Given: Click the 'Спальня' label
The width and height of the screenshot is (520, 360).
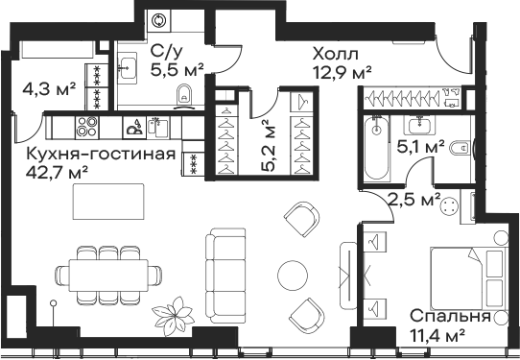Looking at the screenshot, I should point(450,316).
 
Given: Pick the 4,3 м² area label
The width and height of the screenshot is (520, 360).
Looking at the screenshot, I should point(49,91).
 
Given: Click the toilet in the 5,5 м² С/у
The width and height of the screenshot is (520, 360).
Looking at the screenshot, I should point(187,94).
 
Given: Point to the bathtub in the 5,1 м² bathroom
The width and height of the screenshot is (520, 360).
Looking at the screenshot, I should point(373,149).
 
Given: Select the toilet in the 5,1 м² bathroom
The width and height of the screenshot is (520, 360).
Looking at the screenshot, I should point(461,148).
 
